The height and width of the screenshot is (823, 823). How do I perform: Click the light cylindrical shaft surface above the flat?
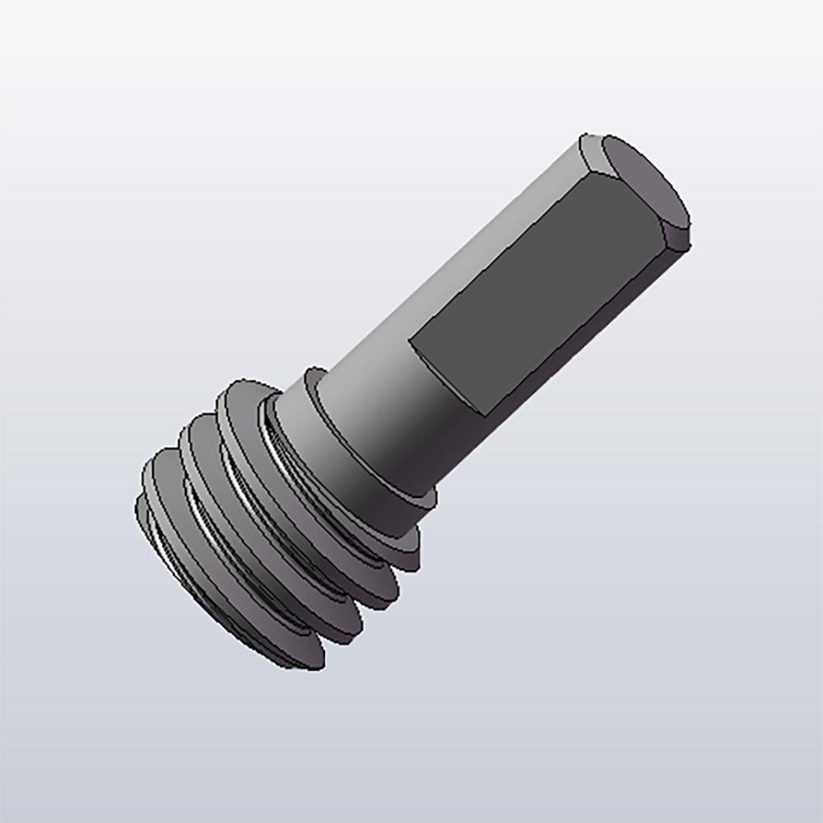[x=461, y=263]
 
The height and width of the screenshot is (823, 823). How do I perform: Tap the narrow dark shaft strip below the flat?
[x=576, y=346]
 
